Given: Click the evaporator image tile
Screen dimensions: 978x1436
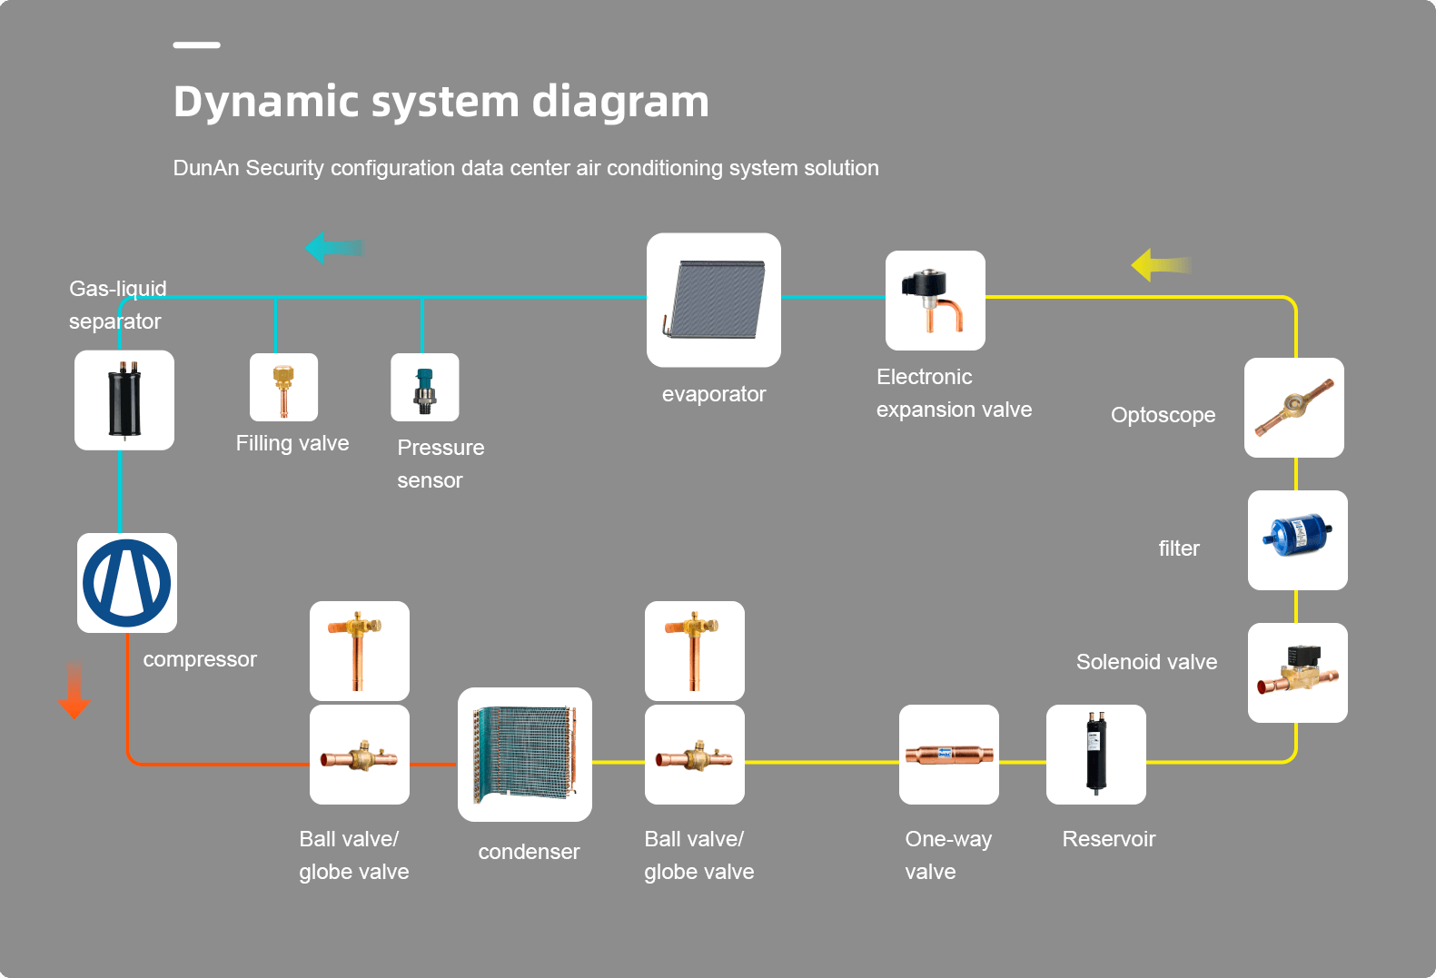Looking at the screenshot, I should (x=714, y=300).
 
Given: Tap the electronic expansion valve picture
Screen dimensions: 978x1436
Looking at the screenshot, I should (x=936, y=301).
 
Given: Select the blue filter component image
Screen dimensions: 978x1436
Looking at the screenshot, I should (x=1297, y=540).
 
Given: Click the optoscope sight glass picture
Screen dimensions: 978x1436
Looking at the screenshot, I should (x=1293, y=408).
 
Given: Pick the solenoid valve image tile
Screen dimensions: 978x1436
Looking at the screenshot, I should (x=1297, y=673).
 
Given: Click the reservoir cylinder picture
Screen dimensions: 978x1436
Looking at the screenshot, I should (x=1095, y=755).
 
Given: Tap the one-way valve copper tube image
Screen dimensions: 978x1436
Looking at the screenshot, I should (x=948, y=755).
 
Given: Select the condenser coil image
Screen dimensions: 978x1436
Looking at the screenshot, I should (x=525, y=755).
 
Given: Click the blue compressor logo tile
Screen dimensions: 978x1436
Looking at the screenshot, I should (x=127, y=583).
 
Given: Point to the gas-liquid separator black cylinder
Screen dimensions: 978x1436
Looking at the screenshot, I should (x=124, y=400).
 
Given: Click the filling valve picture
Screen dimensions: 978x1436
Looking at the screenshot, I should (x=283, y=388).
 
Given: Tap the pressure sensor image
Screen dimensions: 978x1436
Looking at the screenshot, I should (x=424, y=388).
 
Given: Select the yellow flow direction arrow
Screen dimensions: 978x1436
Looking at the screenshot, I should (x=1161, y=265).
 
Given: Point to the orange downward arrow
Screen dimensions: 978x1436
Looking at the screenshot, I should (x=74, y=689).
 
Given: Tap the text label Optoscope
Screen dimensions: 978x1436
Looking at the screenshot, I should (x=1163, y=415).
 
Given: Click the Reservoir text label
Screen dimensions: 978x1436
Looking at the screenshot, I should (x=1108, y=839).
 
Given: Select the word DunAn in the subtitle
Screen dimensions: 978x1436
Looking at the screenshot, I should (x=206, y=168).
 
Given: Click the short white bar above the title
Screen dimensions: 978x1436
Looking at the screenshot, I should (x=196, y=44).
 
